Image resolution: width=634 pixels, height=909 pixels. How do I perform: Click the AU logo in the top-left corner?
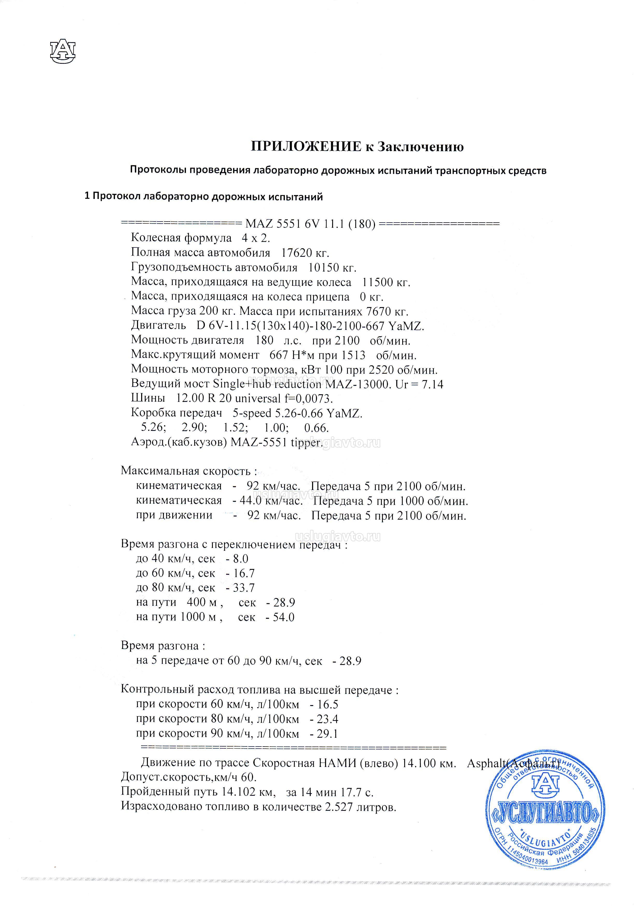pyautogui.click(x=62, y=52)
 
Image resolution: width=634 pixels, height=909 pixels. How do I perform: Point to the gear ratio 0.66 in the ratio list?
pyautogui.click(x=316, y=428)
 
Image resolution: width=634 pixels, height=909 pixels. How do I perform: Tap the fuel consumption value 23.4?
pyautogui.click(x=327, y=719)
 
